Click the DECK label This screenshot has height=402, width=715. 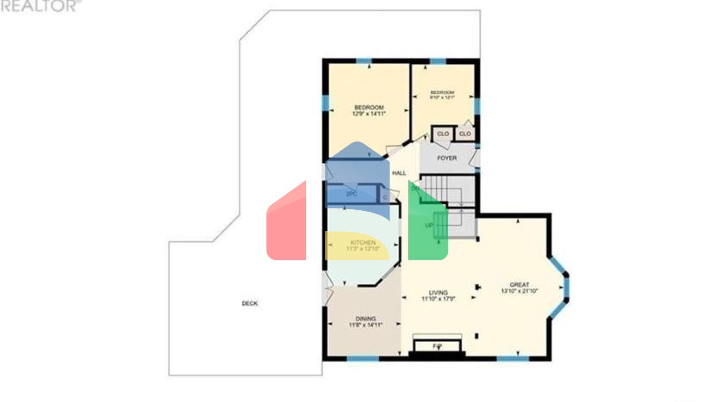click(x=250, y=303)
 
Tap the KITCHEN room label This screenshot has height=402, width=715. click(x=363, y=242)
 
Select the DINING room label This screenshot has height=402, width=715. click(x=365, y=319)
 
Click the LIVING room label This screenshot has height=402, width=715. click(x=438, y=293)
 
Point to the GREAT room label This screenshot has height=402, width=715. click(x=519, y=285)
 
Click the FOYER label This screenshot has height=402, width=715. click(x=446, y=158)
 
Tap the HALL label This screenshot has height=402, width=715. click(x=399, y=173)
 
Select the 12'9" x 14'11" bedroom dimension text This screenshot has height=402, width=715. click(x=369, y=114)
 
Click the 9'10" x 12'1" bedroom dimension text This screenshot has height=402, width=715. click(x=442, y=98)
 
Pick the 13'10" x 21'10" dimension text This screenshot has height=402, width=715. click(x=519, y=291)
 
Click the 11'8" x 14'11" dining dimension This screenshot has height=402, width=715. click(x=365, y=325)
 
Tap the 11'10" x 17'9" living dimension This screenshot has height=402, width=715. click(x=438, y=299)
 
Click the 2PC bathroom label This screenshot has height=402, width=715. click(x=351, y=194)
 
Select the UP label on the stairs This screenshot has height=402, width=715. click(x=429, y=225)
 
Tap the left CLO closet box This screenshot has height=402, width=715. click(x=443, y=134)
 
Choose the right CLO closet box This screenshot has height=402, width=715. click(x=465, y=134)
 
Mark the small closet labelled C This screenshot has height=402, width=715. click(x=385, y=198)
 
